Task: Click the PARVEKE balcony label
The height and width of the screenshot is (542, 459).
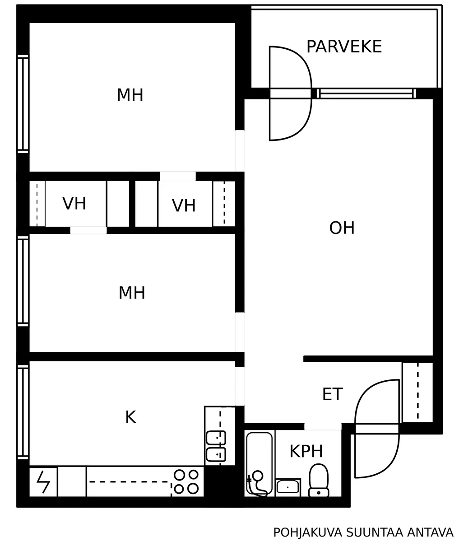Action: [344, 47]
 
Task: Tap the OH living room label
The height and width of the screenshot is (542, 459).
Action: [342, 228]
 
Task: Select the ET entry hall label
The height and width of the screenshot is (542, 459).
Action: [332, 394]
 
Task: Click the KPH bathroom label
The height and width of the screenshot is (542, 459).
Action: [306, 451]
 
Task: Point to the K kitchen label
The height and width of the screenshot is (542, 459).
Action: [130, 417]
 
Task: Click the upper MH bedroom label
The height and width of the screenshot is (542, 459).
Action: [130, 95]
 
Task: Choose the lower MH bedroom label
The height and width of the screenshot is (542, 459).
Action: [132, 293]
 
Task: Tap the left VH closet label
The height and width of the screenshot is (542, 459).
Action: [74, 204]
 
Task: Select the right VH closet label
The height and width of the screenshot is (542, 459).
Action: [184, 206]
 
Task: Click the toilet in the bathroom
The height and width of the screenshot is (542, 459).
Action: [319, 481]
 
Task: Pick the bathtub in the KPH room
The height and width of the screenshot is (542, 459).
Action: [260, 463]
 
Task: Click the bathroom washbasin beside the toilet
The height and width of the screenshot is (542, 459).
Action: [287, 487]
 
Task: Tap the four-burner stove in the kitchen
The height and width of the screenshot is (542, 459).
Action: [186, 481]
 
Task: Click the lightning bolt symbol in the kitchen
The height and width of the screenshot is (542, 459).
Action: [43, 482]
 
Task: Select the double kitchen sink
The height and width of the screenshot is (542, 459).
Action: [216, 445]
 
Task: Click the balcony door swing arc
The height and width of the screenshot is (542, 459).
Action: [291, 93]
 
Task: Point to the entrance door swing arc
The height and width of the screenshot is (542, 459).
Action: [377, 428]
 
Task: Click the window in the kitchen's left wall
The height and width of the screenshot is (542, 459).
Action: [23, 412]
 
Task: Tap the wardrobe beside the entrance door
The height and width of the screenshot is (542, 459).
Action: [417, 392]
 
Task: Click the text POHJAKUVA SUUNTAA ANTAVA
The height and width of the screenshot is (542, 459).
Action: [363, 533]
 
